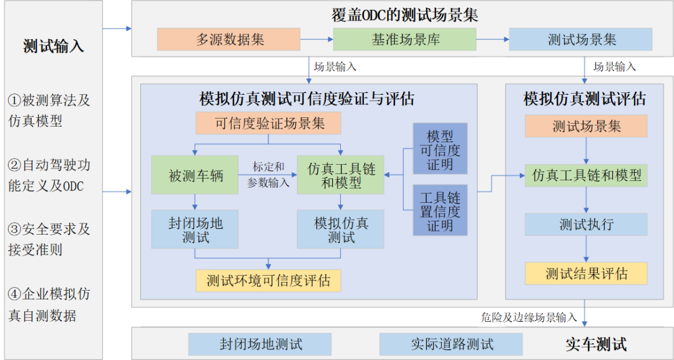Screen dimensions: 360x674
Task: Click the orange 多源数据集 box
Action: tap(229, 39)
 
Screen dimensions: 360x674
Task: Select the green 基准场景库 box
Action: tap(404, 39)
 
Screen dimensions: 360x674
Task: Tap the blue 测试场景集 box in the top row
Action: tap(580, 39)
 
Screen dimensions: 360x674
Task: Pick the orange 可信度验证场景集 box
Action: tap(268, 124)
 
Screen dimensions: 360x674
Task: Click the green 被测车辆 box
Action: tap(195, 175)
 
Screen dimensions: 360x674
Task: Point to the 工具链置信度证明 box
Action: tap(440, 210)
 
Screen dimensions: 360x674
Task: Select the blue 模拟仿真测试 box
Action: tap(341, 229)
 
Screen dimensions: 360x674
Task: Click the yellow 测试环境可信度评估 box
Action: tap(268, 281)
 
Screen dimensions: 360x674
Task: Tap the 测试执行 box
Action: tap(585, 224)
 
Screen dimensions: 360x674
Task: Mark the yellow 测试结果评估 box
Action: tap(585, 273)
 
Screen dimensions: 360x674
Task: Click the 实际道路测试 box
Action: tap(451, 344)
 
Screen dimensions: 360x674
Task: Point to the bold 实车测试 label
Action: tap(596, 344)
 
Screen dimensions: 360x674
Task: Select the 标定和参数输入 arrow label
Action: tap(268, 175)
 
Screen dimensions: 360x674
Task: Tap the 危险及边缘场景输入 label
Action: tap(529, 317)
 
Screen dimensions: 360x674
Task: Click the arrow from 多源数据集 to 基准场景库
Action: tap(316, 39)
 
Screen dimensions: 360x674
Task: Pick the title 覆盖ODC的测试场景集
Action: tap(404, 14)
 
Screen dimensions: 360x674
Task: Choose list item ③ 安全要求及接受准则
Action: tap(49, 239)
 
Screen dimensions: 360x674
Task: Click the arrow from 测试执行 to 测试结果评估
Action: tap(585, 249)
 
